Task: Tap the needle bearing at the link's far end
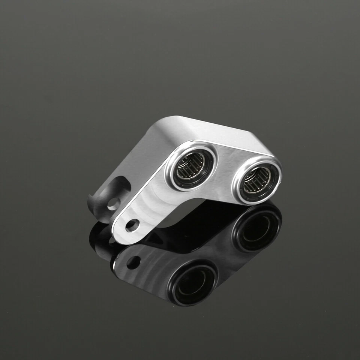(256, 181)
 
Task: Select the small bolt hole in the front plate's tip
(132, 225)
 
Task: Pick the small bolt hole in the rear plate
(113, 204)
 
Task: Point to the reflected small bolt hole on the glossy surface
(133, 262)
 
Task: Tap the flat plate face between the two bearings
(225, 169)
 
